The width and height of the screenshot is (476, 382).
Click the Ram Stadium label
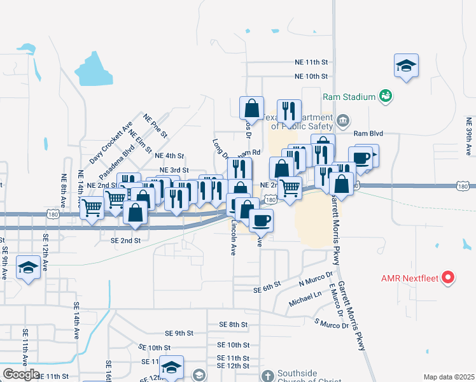[349, 97]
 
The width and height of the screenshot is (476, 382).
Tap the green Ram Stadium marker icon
[385, 96]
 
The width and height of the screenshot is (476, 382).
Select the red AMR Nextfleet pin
[449, 278]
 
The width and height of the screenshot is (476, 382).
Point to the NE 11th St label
[311, 62]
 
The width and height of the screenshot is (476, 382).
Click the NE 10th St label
[311, 76]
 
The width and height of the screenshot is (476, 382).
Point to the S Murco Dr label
[332, 322]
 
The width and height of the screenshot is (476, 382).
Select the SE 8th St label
[233, 325]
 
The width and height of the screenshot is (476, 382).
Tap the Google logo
[21, 374]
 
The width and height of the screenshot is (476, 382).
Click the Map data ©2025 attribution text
[449, 377]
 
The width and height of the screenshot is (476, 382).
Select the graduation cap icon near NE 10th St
[406, 66]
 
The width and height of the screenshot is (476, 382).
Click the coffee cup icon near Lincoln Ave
[260, 220]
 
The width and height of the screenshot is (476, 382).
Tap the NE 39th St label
[468, 136]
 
